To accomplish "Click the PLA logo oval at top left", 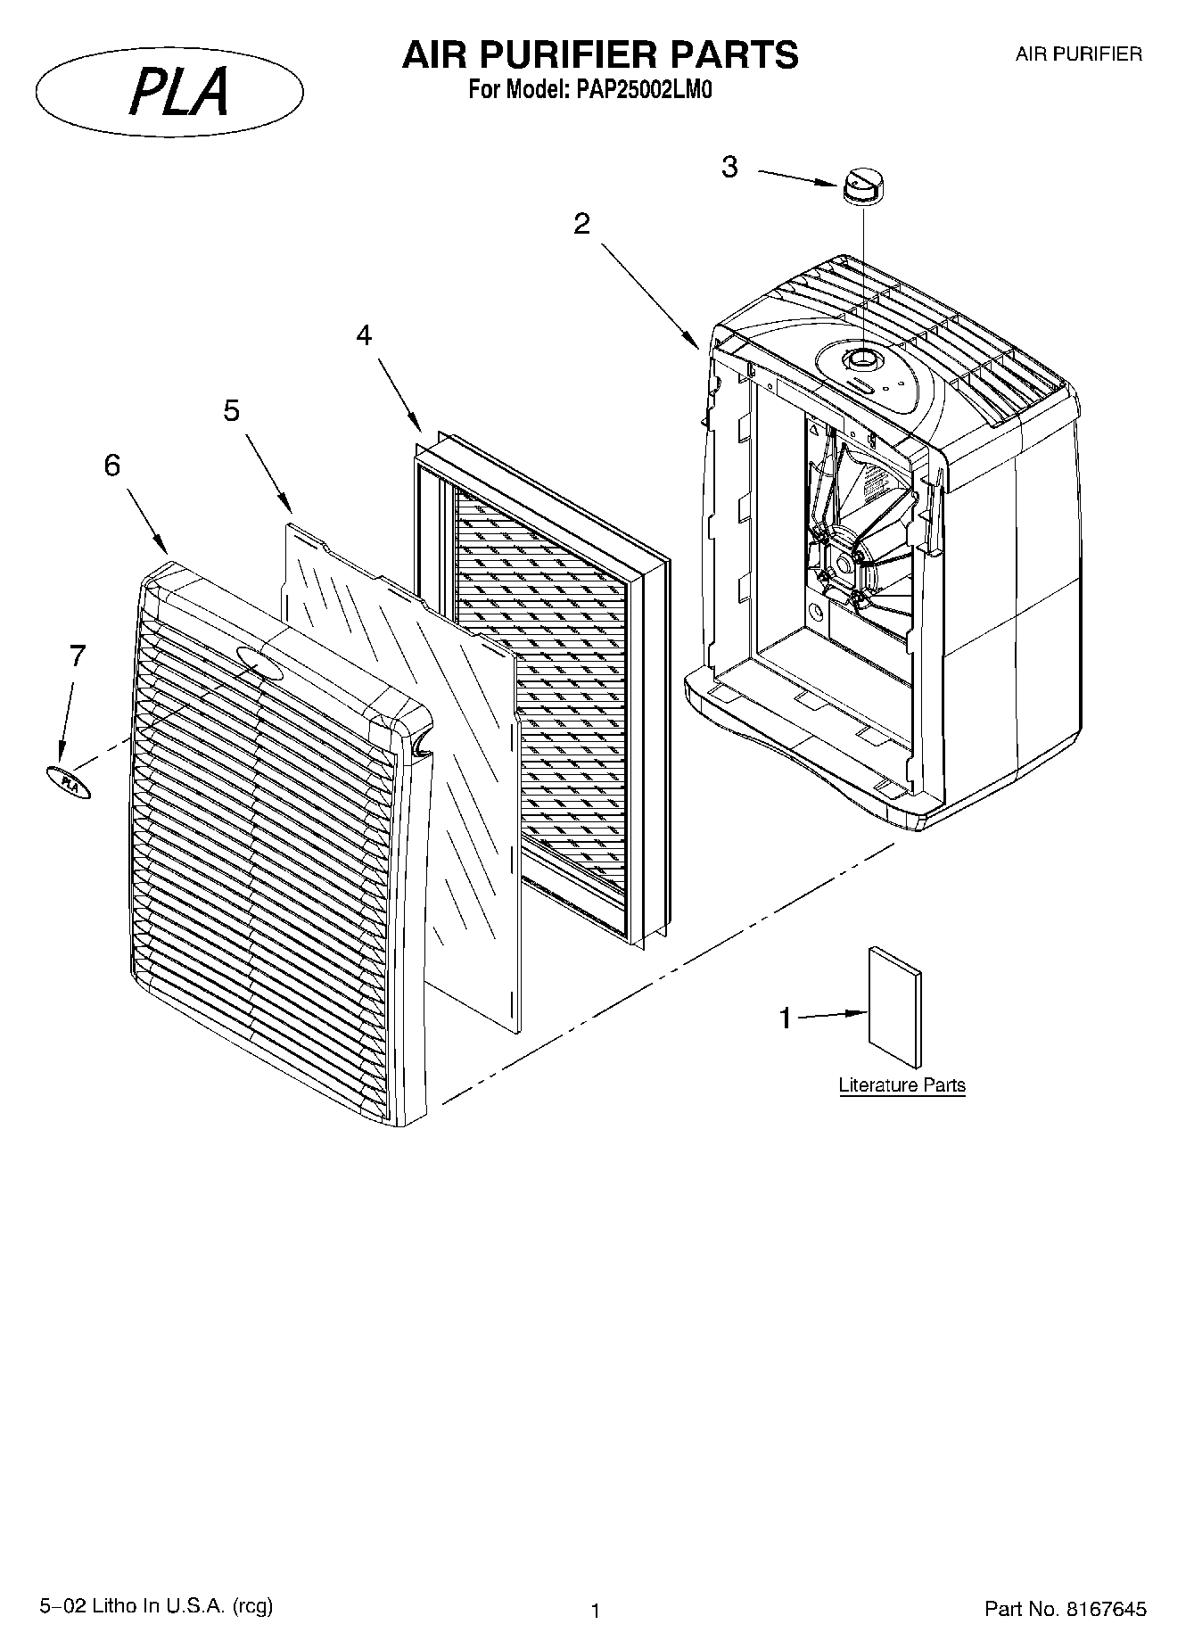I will pyautogui.click(x=169, y=92).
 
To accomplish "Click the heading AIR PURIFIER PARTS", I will pyautogui.click(x=600, y=55).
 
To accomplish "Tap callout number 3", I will pyautogui.click(x=729, y=167).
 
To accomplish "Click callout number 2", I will pyautogui.click(x=581, y=224).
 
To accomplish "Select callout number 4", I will pyautogui.click(x=364, y=335).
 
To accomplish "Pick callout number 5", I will pyautogui.click(x=232, y=411).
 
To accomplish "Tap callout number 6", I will pyautogui.click(x=112, y=466).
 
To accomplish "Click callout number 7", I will pyautogui.click(x=78, y=656).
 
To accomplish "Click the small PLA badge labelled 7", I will pyautogui.click(x=69, y=781).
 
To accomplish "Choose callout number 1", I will pyautogui.click(x=786, y=1018).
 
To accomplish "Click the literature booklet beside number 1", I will pyautogui.click(x=894, y=1006).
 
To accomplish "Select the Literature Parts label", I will pyautogui.click(x=902, y=1085).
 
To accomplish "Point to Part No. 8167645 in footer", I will pyautogui.click(x=1065, y=1609).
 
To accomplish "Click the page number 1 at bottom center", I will pyautogui.click(x=596, y=1611).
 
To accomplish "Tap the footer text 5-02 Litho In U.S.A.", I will pyautogui.click(x=156, y=1606).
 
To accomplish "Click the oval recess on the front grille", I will pyautogui.click(x=259, y=664).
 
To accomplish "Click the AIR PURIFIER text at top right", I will pyautogui.click(x=1078, y=54).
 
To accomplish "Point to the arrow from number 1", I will pyautogui.click(x=834, y=1015).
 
